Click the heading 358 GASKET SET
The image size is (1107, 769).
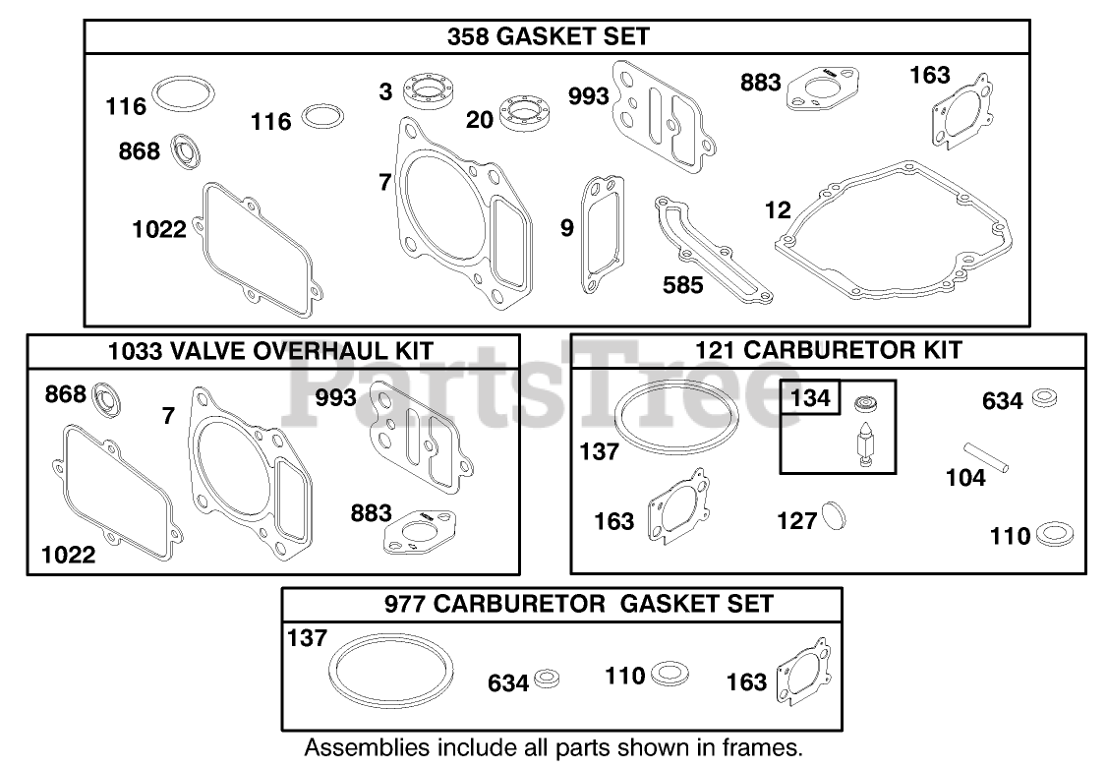click(548, 37)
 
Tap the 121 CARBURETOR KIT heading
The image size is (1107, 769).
click(828, 350)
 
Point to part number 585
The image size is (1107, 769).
click(683, 284)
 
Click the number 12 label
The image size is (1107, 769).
click(778, 209)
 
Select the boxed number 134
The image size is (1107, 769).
click(810, 398)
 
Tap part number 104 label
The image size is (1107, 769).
click(966, 478)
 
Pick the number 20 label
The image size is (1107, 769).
click(480, 120)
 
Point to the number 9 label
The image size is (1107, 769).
click(566, 228)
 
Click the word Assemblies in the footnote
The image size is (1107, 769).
click(353, 746)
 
